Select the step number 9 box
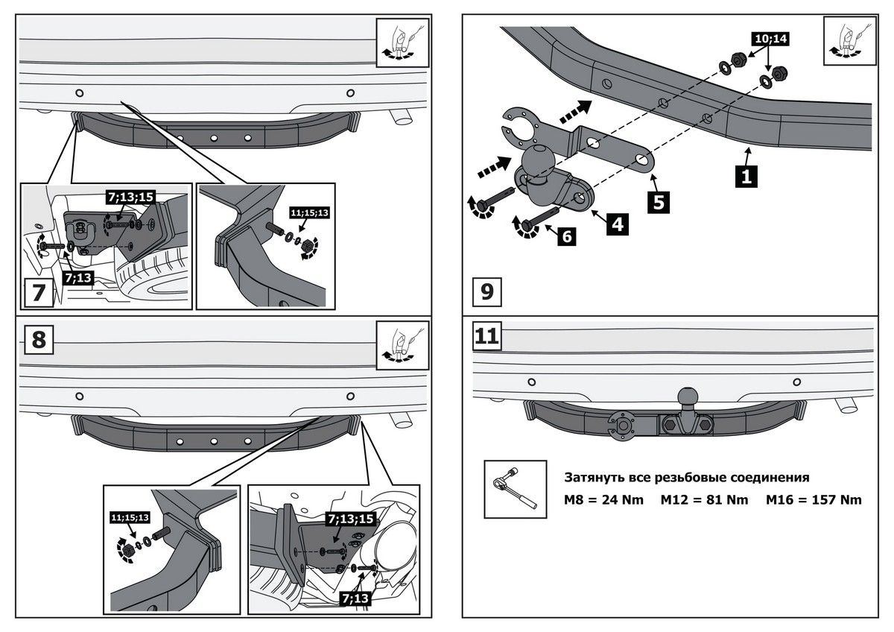tap(487, 291)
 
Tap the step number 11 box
tap(487, 336)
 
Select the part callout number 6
tap(566, 236)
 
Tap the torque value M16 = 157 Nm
tap(814, 499)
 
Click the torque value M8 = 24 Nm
tap(603, 499)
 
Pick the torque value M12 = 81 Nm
tap(704, 499)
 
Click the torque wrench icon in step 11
tap(510, 488)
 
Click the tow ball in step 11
tap(687, 397)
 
